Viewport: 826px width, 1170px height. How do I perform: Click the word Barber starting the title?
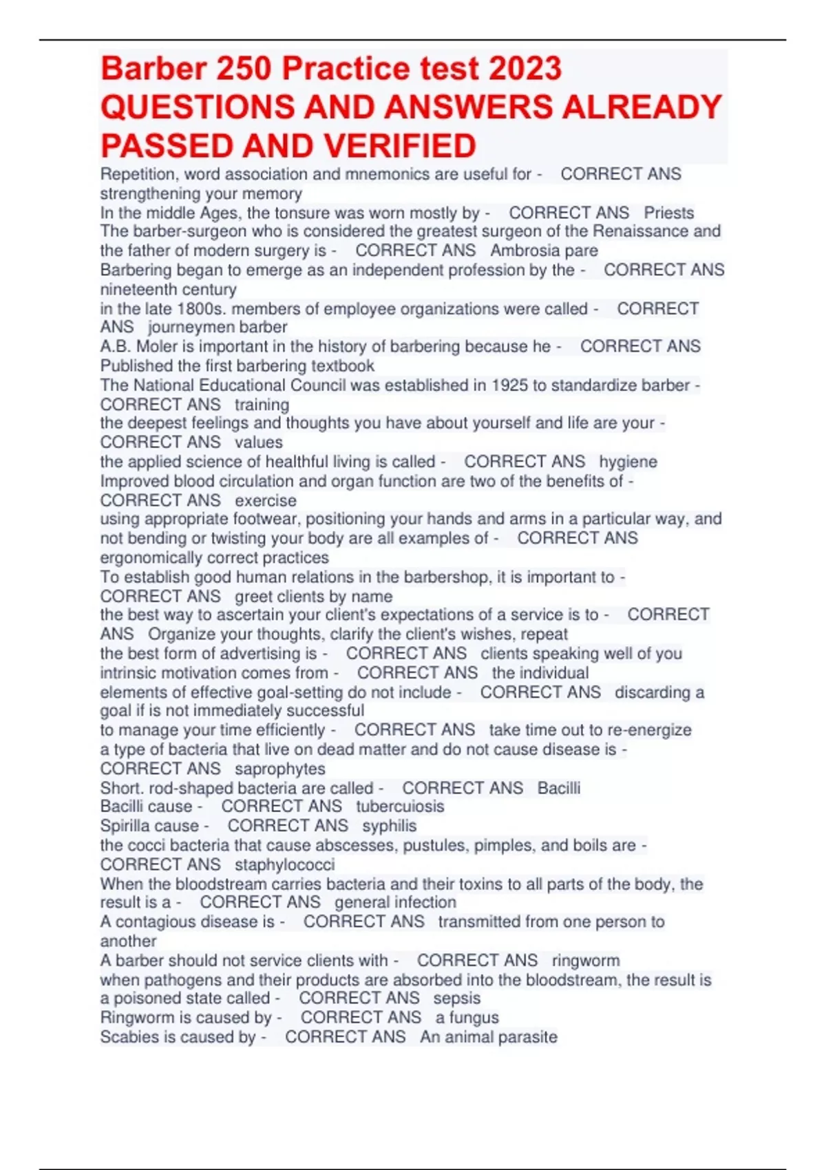click(x=153, y=69)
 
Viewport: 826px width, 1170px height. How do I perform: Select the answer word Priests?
click(x=668, y=213)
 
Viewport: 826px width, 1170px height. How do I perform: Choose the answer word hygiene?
click(x=628, y=462)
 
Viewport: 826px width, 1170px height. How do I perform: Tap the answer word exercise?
click(x=266, y=500)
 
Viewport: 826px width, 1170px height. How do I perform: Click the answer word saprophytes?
click(x=280, y=769)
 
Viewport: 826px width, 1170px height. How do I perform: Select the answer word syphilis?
click(x=390, y=826)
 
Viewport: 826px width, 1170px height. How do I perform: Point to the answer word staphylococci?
click(x=285, y=864)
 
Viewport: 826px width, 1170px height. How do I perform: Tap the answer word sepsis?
click(x=457, y=999)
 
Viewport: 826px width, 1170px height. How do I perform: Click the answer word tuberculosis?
click(x=400, y=807)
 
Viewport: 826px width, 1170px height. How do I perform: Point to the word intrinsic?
click(x=131, y=673)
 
